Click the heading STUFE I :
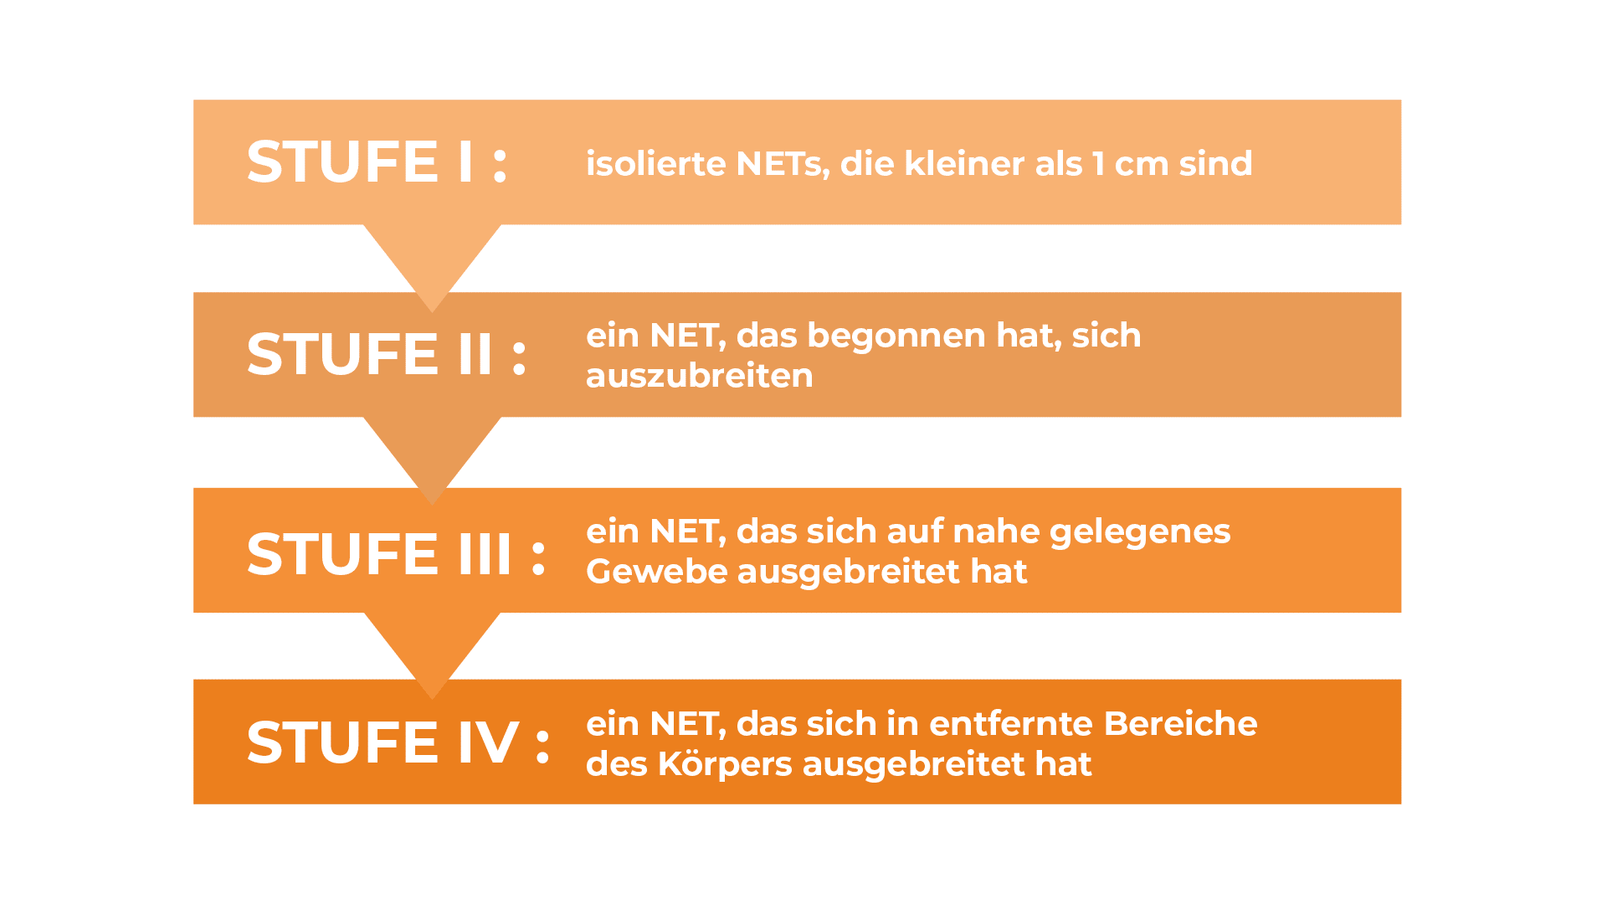click(x=377, y=162)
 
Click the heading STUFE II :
click(x=387, y=354)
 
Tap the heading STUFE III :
click(x=397, y=554)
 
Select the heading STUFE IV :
click(x=398, y=743)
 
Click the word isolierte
click(x=656, y=163)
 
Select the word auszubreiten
click(x=700, y=376)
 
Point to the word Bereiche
click(x=1180, y=724)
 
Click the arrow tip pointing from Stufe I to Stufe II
click(x=432, y=311)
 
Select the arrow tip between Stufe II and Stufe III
click(x=432, y=504)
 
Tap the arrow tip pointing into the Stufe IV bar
click(x=432, y=698)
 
